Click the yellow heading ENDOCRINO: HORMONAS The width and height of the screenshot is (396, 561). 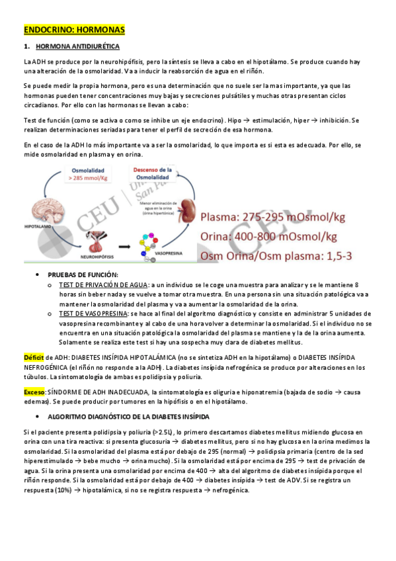[73, 30]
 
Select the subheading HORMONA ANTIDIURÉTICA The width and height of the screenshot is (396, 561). [77, 48]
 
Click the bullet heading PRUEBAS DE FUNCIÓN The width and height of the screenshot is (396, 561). [83, 275]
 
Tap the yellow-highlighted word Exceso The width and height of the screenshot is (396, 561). [34, 392]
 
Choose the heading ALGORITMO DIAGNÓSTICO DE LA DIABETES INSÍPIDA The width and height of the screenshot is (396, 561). [128, 417]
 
